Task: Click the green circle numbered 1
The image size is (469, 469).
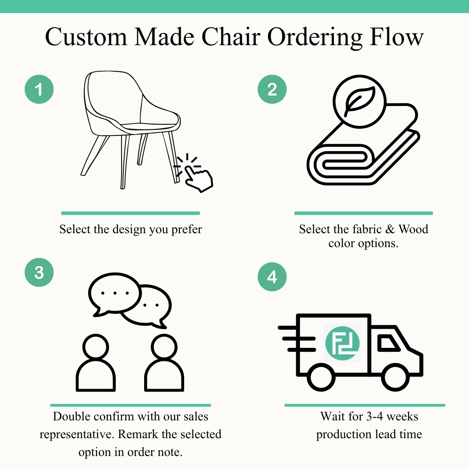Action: (x=39, y=89)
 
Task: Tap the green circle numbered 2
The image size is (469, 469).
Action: (x=272, y=89)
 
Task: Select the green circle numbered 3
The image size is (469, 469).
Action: (x=39, y=273)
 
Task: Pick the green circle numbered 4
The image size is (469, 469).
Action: (x=272, y=277)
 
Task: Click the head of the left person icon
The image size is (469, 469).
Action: (x=95, y=347)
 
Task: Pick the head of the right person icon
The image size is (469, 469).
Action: (x=164, y=347)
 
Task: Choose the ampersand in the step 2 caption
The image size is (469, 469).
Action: (x=390, y=229)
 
